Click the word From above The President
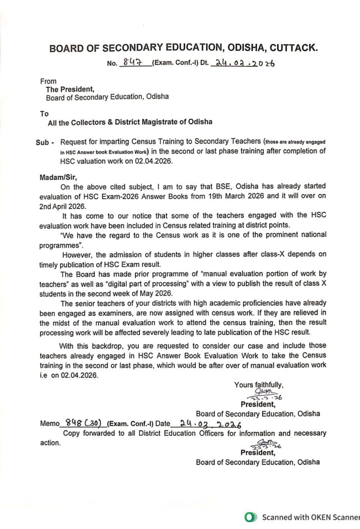pyautogui.click(x=48, y=81)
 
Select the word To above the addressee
pyautogui.click(x=44, y=114)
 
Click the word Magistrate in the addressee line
pyautogui.click(x=166, y=122)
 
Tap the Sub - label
pyautogui.click(x=45, y=143)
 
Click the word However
pyautogui.click(x=77, y=254)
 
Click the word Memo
pyautogui.click(x=50, y=424)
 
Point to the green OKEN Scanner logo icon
pyautogui.click(x=249, y=517)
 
